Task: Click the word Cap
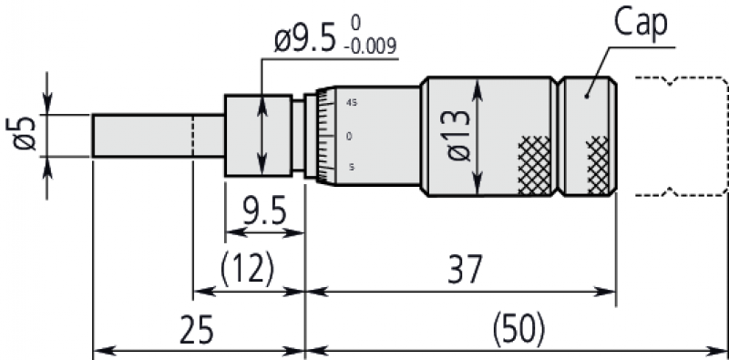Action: click(x=641, y=26)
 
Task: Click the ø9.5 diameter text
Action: click(x=305, y=41)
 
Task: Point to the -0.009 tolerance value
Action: click(x=370, y=47)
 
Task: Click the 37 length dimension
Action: click(x=465, y=270)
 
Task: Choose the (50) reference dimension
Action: click(x=518, y=331)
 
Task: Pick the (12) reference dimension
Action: click(x=247, y=270)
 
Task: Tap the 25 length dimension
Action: click(x=197, y=331)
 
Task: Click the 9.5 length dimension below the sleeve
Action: click(x=264, y=212)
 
